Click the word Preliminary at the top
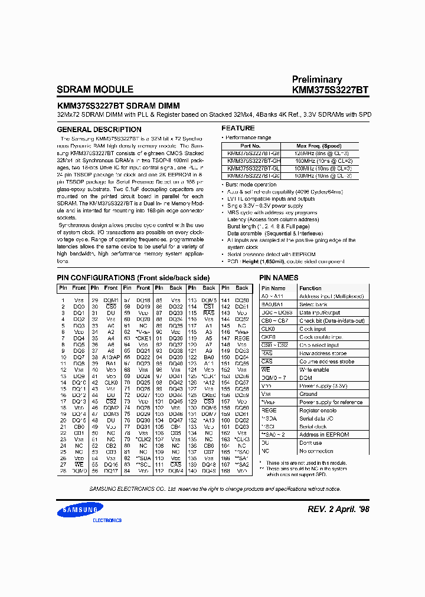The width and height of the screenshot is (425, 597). (316, 80)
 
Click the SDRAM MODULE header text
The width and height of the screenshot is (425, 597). (94, 90)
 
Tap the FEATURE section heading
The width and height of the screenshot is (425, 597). (238, 128)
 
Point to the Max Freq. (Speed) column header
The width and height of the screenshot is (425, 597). (319, 145)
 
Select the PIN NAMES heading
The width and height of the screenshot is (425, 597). (279, 278)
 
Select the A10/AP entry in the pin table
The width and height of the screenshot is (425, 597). (111, 357)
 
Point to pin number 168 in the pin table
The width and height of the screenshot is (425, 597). (225, 471)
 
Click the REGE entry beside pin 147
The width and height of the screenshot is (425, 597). (241, 339)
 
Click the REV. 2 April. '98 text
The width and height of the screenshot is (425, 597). (338, 509)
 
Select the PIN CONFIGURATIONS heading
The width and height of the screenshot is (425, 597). (133, 278)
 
